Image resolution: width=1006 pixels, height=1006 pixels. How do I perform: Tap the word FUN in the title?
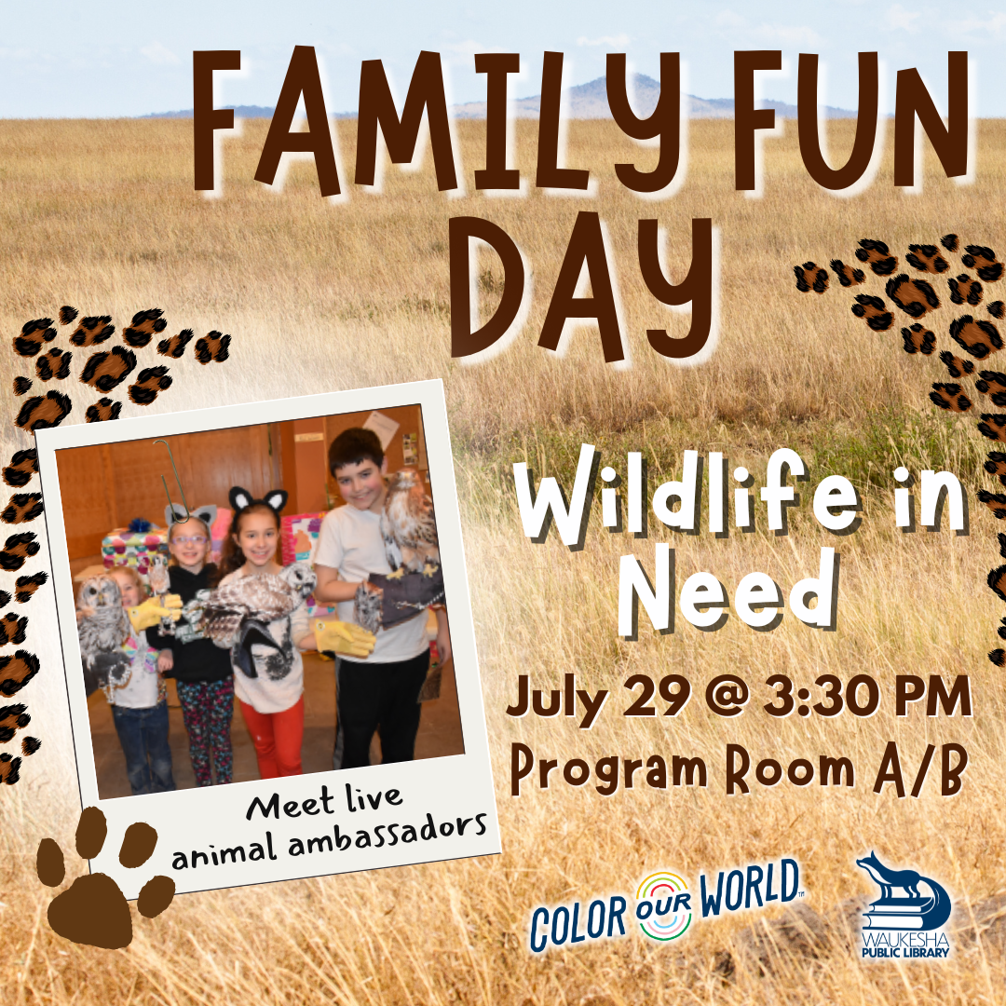(850, 118)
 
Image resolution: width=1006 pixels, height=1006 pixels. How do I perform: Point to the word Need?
(728, 591)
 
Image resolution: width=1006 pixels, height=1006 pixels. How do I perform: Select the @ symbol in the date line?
(727, 697)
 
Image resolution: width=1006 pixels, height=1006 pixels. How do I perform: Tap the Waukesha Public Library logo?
(904, 904)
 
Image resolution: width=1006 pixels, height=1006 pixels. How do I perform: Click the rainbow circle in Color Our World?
(664, 905)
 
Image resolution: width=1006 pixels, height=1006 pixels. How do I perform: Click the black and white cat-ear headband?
(258, 499)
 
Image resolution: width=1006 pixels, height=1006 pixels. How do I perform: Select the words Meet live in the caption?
(324, 803)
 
